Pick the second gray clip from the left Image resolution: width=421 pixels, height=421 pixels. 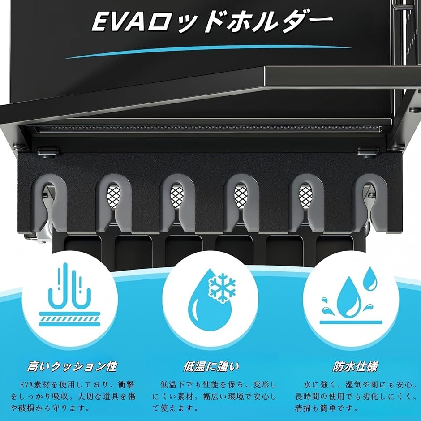[114, 203]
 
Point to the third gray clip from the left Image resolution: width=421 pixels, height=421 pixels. [177, 203]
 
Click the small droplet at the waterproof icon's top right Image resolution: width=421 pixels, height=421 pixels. [370, 279]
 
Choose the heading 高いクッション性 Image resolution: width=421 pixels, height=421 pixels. [72, 367]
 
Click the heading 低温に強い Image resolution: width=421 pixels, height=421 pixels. [211, 367]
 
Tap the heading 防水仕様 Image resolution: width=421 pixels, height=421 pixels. [355, 367]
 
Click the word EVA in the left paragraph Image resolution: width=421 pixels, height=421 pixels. [26, 385]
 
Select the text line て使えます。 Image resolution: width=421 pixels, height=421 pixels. [175, 408]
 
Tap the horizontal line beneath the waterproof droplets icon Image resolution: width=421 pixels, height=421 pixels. [351, 322]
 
